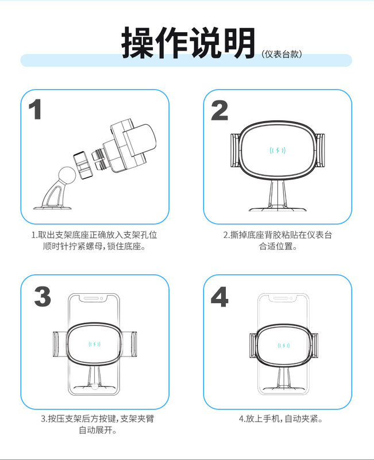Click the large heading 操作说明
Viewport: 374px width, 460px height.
[x=188, y=43]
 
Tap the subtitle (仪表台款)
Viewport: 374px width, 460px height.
[x=282, y=54]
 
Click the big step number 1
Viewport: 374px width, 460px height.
[x=35, y=109]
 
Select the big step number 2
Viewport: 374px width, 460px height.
[x=219, y=110]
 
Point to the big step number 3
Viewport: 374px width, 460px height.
[x=43, y=297]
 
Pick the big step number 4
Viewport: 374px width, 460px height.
[x=219, y=297]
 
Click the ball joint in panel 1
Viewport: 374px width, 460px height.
[x=67, y=175]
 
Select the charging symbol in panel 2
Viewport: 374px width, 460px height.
[x=277, y=151]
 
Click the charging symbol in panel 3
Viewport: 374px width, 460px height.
[x=94, y=344]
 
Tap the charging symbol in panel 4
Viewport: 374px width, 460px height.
[x=284, y=346]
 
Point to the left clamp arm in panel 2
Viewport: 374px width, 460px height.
[x=236, y=150]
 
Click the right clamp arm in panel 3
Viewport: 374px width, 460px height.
[x=130, y=344]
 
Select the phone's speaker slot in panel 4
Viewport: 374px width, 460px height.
[x=280, y=298]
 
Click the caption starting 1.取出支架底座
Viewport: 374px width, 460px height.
[x=94, y=240]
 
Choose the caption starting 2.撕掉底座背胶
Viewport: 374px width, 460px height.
[x=277, y=240]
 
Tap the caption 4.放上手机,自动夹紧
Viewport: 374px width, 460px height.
[x=281, y=419]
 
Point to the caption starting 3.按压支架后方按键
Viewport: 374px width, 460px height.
[x=97, y=424]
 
